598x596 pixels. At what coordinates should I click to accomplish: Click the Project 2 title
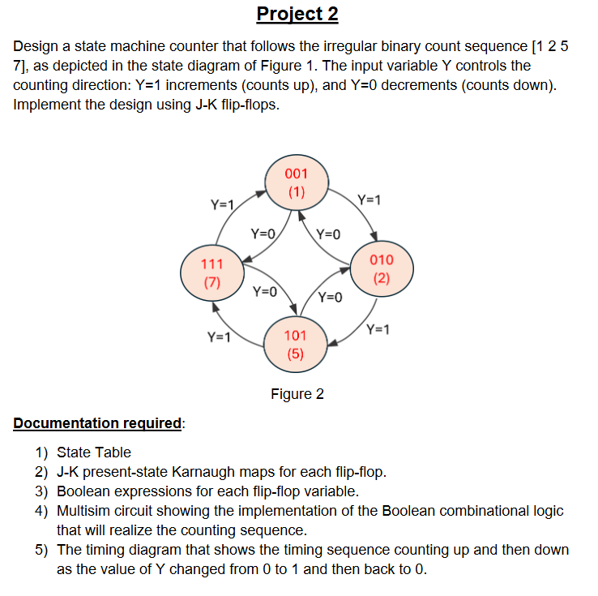click(297, 14)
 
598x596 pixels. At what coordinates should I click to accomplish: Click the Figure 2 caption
click(297, 394)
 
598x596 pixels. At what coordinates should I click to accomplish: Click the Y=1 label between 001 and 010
click(369, 199)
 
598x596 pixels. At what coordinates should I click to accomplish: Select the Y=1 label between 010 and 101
click(378, 329)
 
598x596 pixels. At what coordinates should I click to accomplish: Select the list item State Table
click(94, 452)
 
